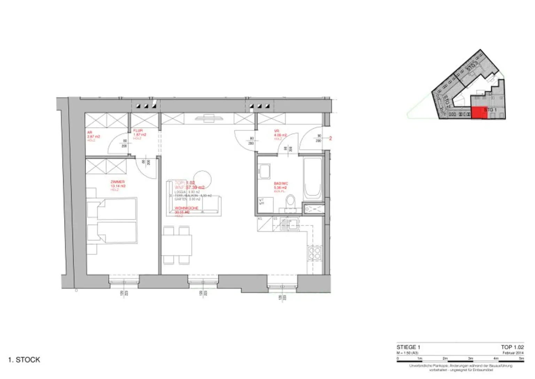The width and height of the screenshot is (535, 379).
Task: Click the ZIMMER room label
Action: tap(118, 182)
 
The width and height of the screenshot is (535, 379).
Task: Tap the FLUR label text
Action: tap(138, 131)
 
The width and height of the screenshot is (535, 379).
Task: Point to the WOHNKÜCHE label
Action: tap(186, 208)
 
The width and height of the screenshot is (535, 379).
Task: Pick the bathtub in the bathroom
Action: tap(312, 180)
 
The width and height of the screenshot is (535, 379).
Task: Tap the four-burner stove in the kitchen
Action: tap(314, 253)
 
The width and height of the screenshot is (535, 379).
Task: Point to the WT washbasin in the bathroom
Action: tap(264, 172)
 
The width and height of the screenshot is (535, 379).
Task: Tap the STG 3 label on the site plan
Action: tap(471, 66)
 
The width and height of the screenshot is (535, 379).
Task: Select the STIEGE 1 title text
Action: tap(408, 347)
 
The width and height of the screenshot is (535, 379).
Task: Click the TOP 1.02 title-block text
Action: tap(512, 347)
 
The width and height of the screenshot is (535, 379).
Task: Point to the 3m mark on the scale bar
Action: tap(471, 358)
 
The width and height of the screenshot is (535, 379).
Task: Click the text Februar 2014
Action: tap(513, 353)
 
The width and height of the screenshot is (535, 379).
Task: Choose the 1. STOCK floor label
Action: tap(24, 360)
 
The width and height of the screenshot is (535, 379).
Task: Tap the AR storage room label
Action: tap(90, 132)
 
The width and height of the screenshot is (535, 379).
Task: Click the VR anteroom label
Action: tap(277, 131)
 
